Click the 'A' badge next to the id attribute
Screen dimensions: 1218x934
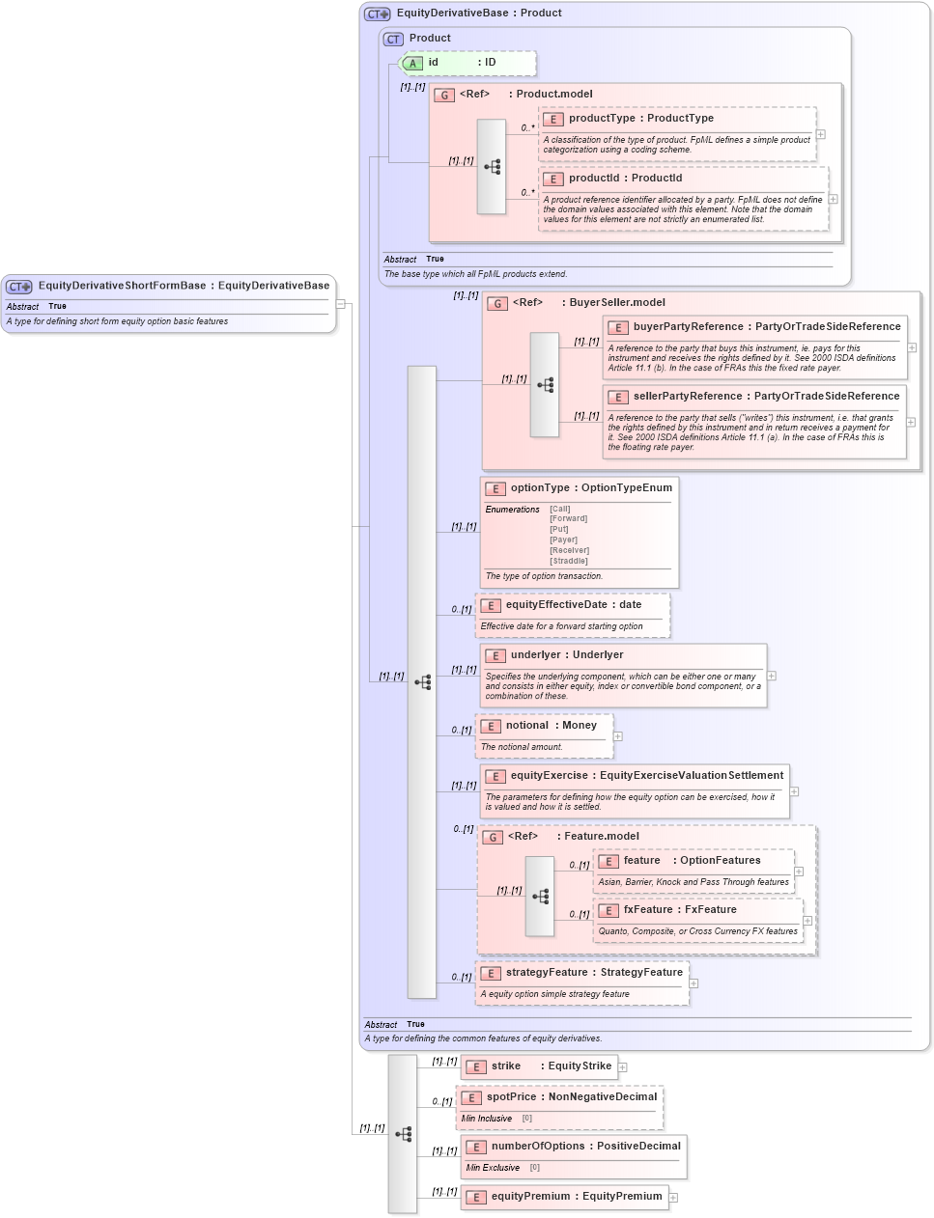(412, 64)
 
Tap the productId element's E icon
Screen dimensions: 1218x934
(552, 179)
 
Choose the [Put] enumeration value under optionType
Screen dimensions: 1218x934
(559, 529)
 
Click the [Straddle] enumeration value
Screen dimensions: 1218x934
(569, 561)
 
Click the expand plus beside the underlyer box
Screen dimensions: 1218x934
(772, 676)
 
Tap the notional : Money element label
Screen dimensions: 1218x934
(551, 726)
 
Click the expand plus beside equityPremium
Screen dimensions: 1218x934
(673, 1198)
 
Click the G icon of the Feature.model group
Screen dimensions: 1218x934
(493, 837)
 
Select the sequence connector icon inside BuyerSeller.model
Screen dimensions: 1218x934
(545, 385)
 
